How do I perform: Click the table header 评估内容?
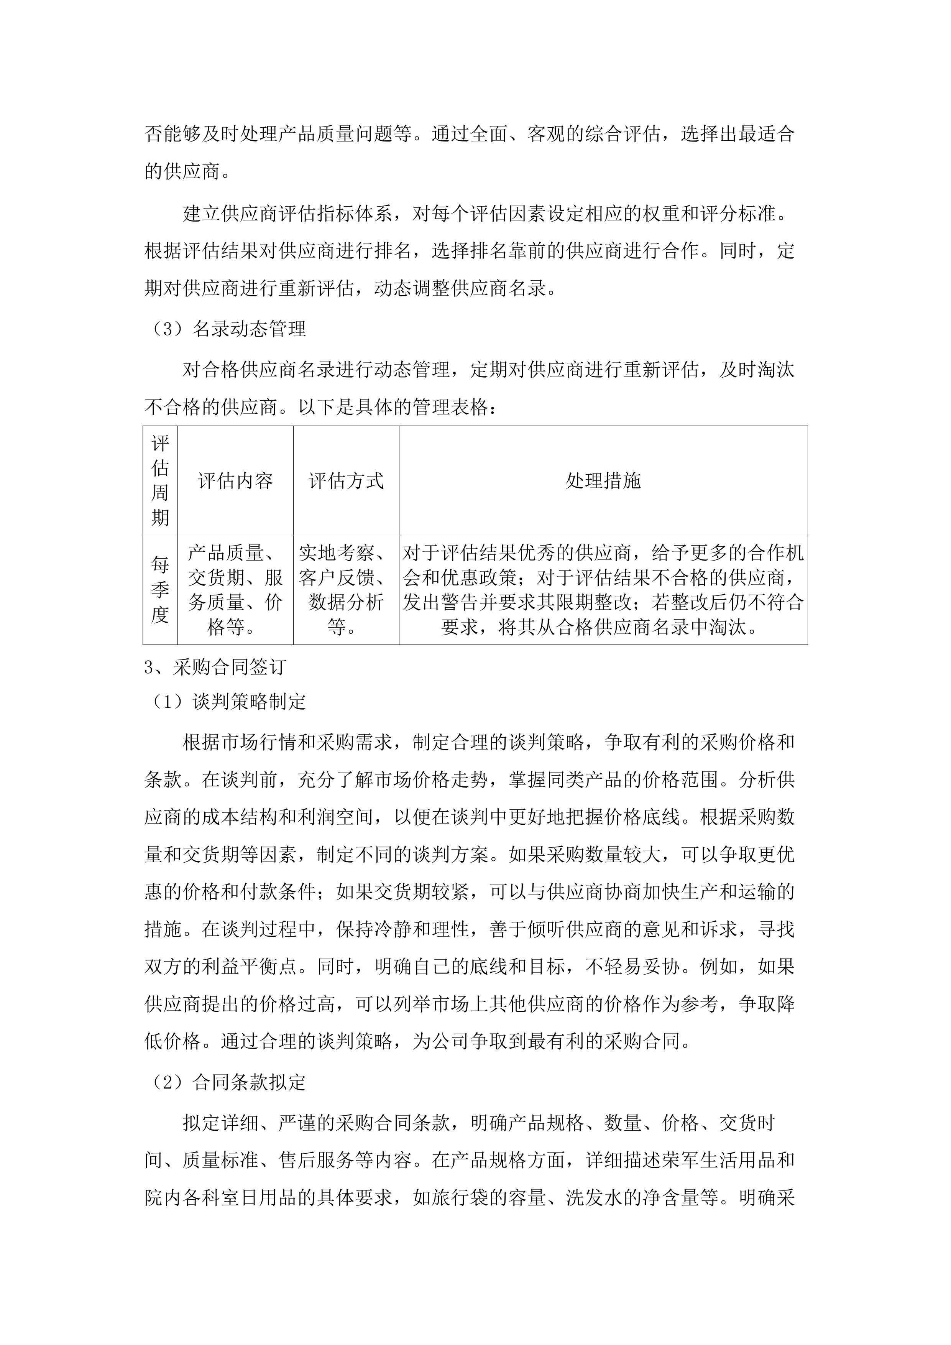tap(235, 481)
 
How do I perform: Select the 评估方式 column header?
tap(346, 481)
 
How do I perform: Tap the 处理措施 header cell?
tap(603, 481)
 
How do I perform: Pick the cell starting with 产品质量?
tap(235, 590)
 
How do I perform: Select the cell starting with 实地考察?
tap(346, 590)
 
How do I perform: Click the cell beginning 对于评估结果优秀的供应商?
tap(603, 590)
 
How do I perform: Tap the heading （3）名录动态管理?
tap(225, 329)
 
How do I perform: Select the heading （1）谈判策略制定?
tap(225, 701)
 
